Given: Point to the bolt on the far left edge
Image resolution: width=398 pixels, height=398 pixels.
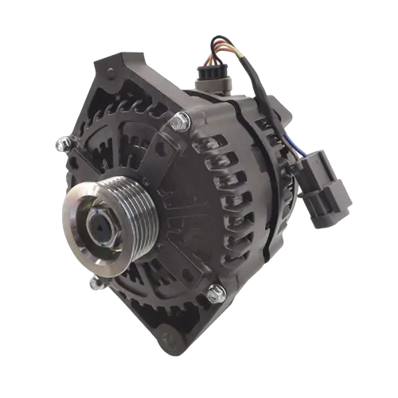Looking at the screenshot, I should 60,145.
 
